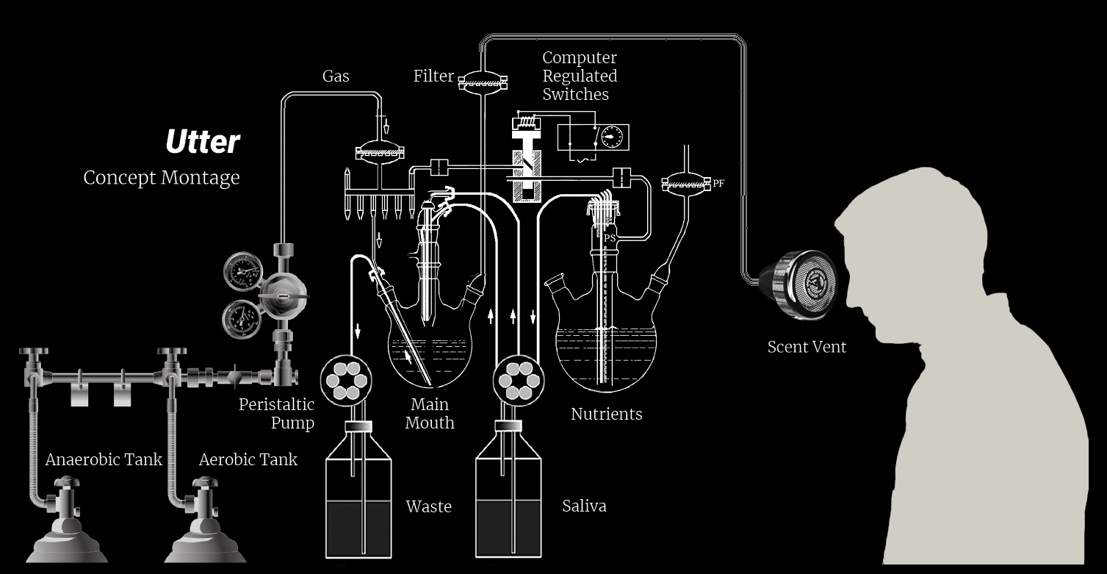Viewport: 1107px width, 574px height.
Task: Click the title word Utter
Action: coord(203,142)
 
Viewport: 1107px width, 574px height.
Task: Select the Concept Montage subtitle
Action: coord(162,178)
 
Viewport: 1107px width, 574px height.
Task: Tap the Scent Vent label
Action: coord(807,347)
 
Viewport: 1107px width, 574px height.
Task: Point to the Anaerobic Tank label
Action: coord(104,460)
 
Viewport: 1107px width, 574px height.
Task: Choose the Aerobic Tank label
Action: coord(248,460)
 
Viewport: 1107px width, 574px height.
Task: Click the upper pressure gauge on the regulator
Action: coord(243,273)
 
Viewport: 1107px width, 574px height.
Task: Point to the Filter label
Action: coord(433,76)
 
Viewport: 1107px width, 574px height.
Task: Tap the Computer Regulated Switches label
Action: coord(580,76)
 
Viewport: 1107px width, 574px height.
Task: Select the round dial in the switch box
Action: coord(610,137)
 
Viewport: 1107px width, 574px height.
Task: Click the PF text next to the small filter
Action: coord(718,184)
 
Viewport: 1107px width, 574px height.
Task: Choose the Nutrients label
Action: coord(606,415)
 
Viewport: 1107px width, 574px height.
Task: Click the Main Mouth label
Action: coord(430,414)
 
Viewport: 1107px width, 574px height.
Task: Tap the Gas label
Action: coord(336,76)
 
